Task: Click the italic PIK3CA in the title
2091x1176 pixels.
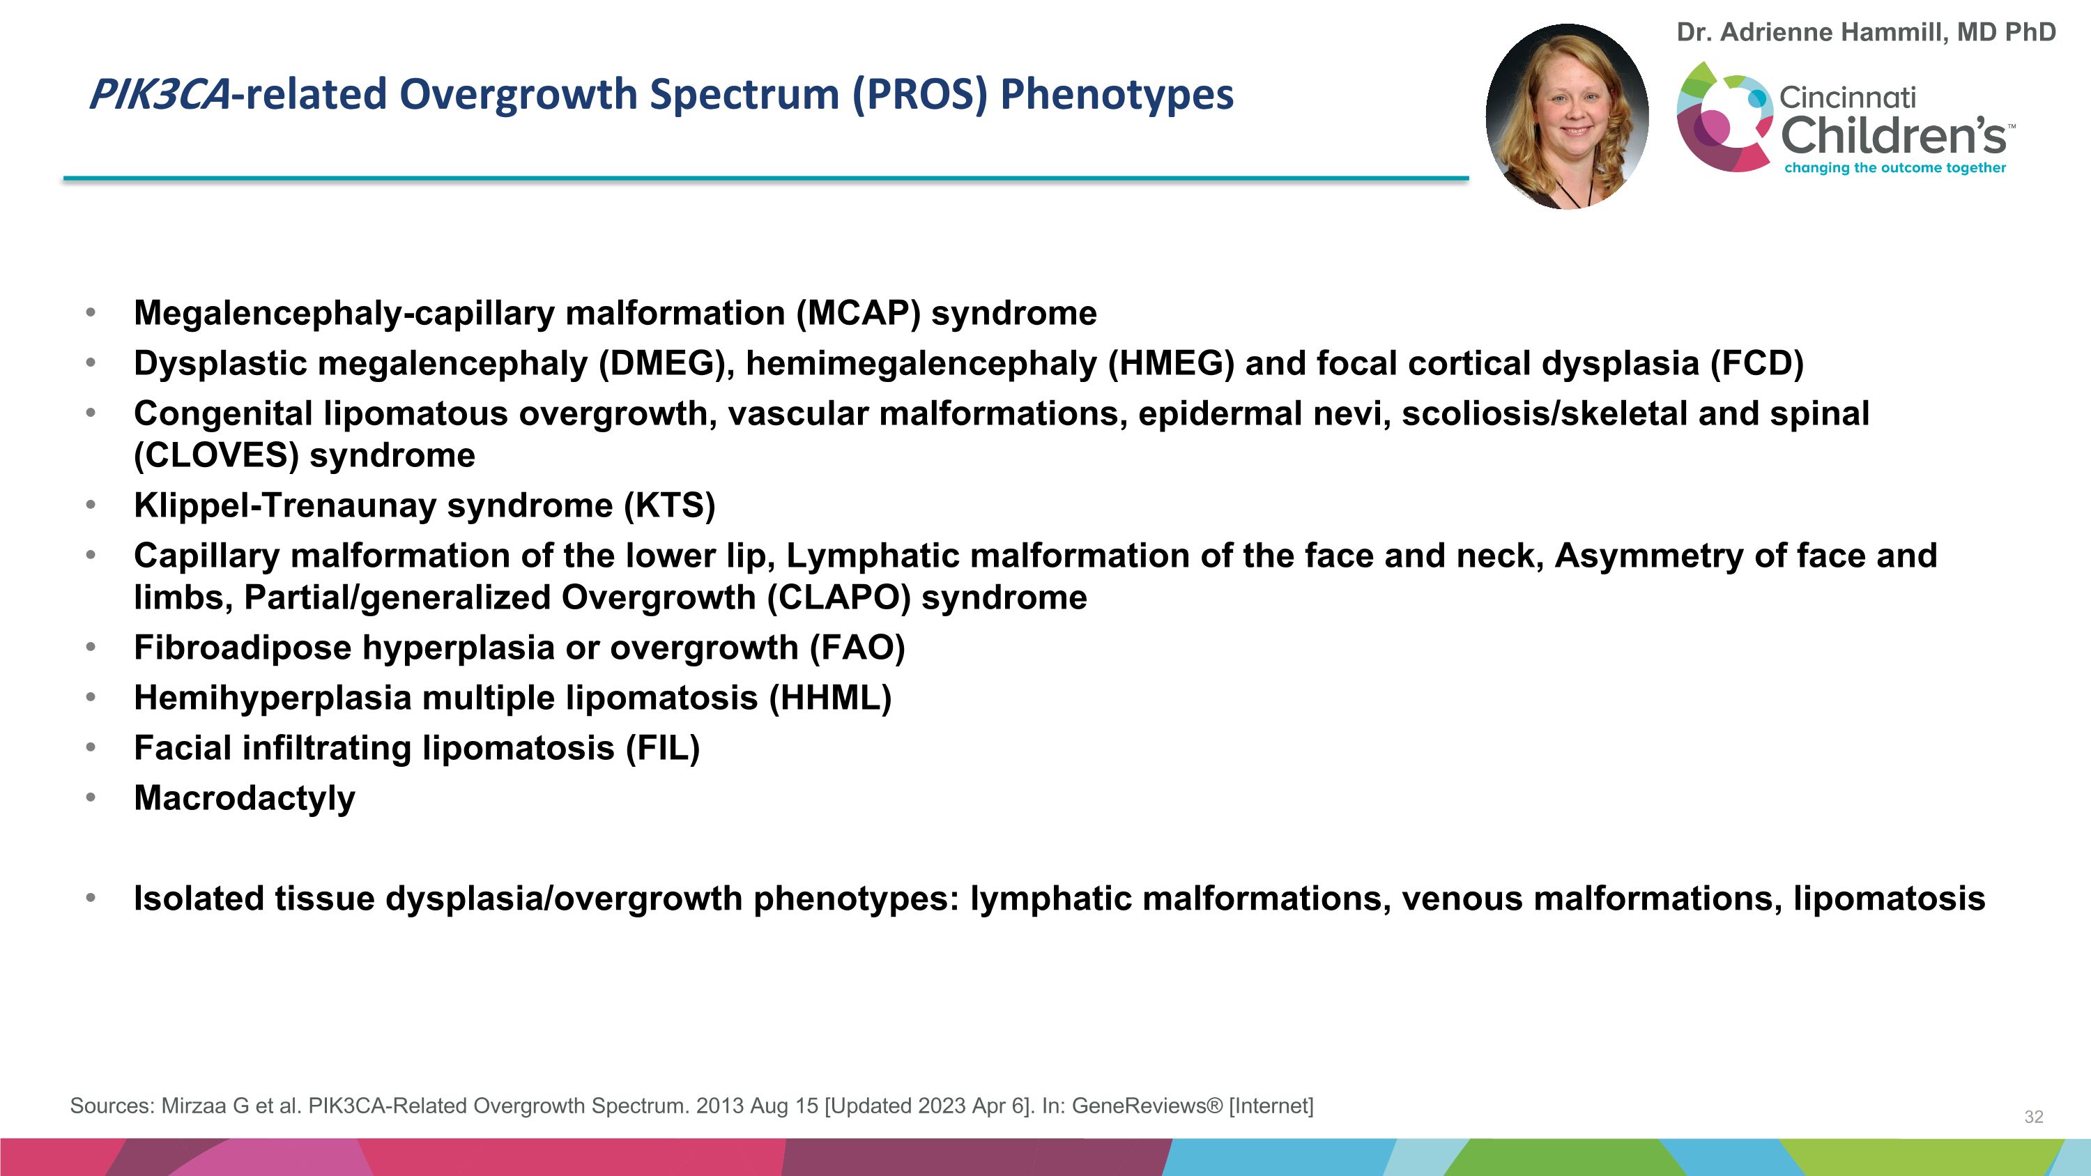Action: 159,95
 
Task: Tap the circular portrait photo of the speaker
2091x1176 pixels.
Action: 1567,116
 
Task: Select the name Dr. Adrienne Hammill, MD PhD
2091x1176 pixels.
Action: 1865,33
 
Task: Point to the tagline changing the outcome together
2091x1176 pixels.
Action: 1894,168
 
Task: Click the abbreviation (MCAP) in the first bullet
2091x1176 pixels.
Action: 858,313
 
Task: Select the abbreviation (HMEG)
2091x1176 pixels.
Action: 1170,364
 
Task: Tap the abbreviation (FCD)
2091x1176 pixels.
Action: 1756,364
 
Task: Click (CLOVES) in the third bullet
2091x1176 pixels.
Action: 216,455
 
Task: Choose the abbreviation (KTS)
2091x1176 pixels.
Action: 670,505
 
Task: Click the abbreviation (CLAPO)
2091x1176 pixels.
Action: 838,598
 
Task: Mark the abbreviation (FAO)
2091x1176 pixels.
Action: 857,648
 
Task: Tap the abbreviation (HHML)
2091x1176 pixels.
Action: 830,698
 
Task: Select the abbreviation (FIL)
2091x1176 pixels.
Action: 662,748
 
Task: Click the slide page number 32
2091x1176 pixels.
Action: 2033,1117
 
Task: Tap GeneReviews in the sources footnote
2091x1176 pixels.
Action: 1146,1106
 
